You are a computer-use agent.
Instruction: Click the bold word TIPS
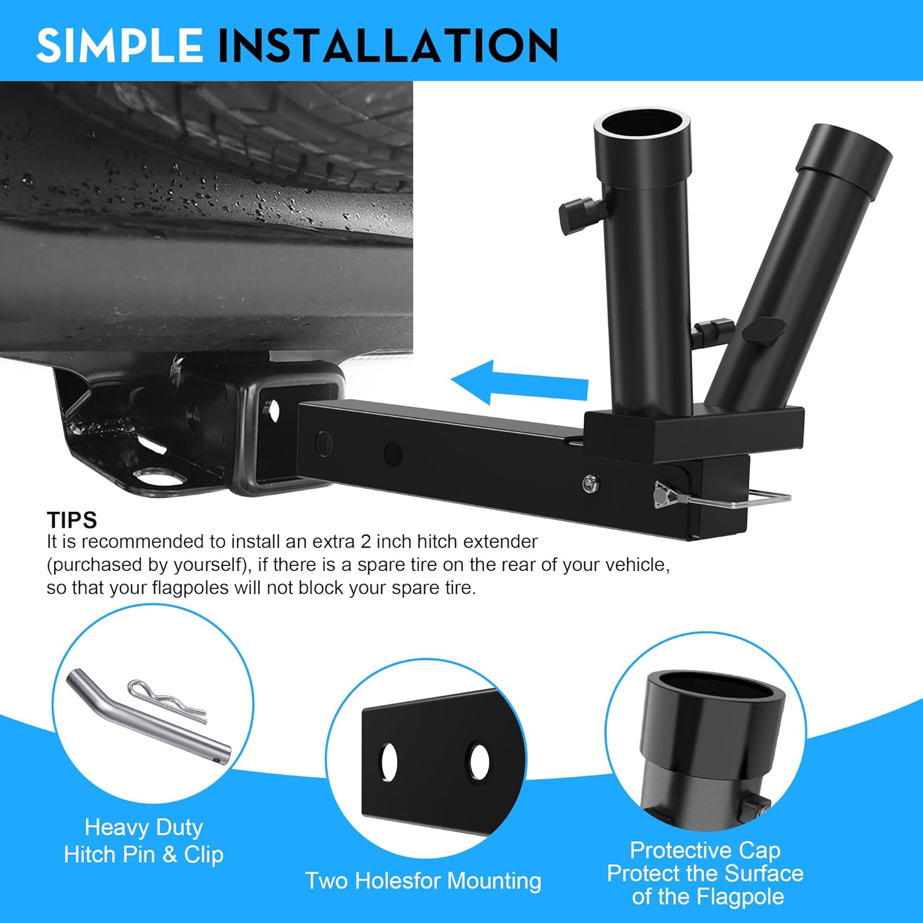tap(72, 521)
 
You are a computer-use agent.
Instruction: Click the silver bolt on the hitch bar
tap(591, 484)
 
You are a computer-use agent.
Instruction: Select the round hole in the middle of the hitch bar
tap(393, 454)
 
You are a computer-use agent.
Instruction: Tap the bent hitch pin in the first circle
tap(148, 720)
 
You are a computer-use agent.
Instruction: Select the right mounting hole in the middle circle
tap(479, 762)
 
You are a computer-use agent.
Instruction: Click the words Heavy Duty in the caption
tap(143, 828)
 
